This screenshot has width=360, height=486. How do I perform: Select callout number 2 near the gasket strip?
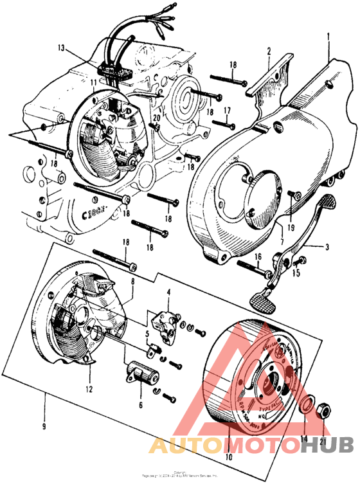coord(269,51)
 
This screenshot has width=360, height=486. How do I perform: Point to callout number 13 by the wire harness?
coord(60,48)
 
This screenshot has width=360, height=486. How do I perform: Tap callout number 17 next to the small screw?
coord(226,111)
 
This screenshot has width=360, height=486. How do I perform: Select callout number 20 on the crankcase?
coord(156,118)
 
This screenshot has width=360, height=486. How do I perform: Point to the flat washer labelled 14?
coord(307,404)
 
